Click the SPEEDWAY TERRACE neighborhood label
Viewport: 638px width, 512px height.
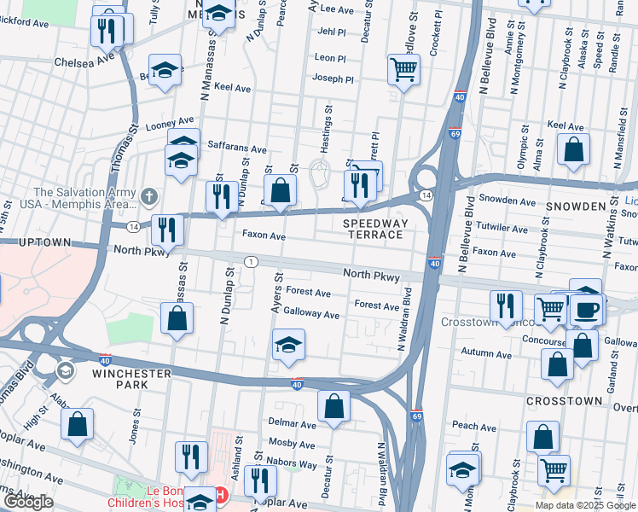372,228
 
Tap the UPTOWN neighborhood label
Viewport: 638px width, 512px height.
35,242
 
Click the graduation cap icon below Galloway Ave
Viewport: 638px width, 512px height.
288,346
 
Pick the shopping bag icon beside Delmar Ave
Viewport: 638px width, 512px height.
333,407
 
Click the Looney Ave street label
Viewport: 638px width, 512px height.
170,125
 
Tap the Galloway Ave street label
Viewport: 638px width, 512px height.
311,314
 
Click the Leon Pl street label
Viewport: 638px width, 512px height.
330,58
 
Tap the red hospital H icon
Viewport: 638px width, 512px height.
221,495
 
